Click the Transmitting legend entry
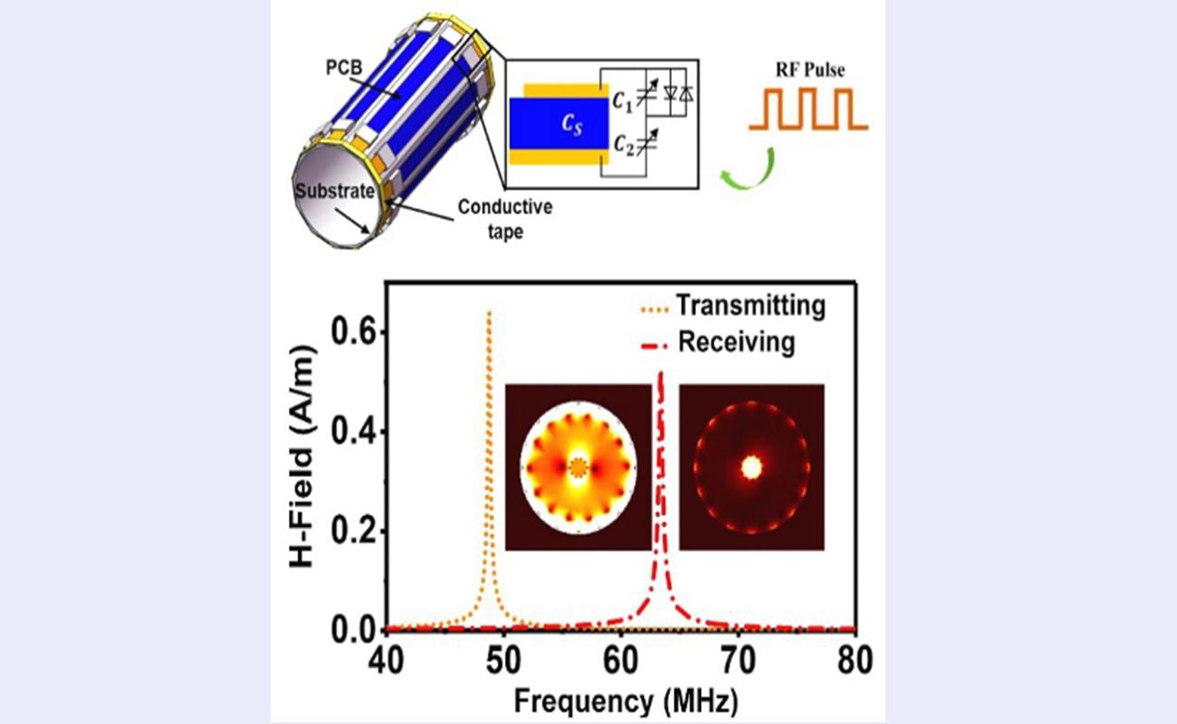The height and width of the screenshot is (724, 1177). pyautogui.click(x=751, y=307)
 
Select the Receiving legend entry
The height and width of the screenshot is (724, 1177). pyautogui.click(x=736, y=343)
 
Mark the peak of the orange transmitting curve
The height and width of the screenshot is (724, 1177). pyautogui.click(x=489, y=313)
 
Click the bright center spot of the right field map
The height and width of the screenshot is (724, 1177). pyautogui.click(x=751, y=467)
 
